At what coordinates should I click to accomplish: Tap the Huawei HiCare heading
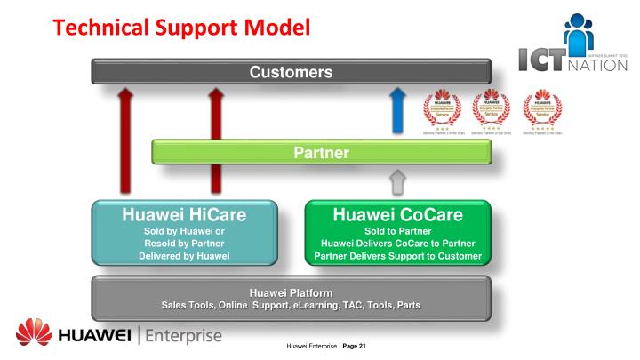pos(183,214)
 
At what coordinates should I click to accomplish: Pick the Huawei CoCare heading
pos(396,214)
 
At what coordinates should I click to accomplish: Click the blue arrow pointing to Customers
pos(398,110)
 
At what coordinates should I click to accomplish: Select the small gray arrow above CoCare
pos(398,182)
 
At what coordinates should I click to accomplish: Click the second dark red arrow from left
pos(214,138)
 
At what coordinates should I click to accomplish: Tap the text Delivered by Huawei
pos(183,257)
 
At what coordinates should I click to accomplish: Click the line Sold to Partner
pos(396,228)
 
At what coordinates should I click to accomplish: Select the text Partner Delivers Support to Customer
pos(396,257)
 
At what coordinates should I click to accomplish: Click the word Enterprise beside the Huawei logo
pos(175,338)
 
